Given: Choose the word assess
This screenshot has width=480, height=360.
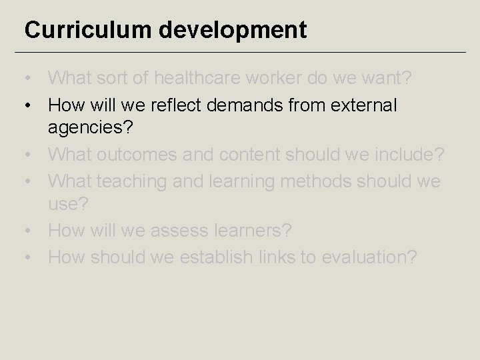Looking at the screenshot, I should [177, 231].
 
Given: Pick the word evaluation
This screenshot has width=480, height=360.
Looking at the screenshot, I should [368, 257].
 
